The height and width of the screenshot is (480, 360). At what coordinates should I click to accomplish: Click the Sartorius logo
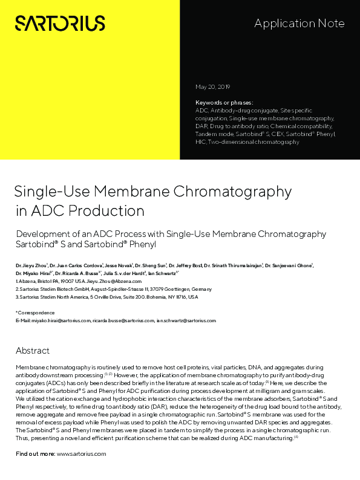[60, 24]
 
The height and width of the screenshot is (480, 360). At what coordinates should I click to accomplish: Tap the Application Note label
[299, 24]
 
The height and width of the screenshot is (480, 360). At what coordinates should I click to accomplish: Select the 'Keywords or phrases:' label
[224, 103]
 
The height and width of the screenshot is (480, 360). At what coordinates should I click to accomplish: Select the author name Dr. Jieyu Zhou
[30, 265]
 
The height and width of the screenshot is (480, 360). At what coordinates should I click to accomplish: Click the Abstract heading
[33, 351]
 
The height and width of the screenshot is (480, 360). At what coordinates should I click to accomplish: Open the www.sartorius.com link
[81, 453]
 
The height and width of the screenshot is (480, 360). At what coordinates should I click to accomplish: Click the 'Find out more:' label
[34, 453]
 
